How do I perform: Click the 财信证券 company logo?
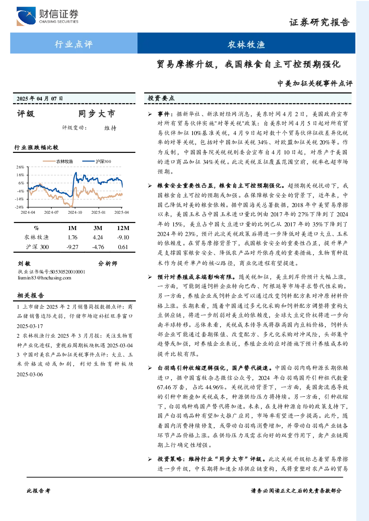point(47,16)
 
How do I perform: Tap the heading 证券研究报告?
point(319,23)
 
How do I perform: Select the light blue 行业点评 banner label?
point(74,44)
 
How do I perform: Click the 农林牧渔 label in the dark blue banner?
point(246,44)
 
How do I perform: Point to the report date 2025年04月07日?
point(40,99)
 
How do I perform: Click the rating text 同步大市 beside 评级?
point(97,114)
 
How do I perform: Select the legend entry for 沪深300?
point(97,161)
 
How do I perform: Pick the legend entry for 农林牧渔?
point(58,161)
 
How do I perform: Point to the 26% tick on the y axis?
point(20,167)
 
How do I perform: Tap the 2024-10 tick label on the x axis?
point(75,212)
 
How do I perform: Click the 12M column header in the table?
point(123,228)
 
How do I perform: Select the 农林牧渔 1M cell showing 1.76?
point(72,237)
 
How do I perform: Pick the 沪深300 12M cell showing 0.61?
point(123,247)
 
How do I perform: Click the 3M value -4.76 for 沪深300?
point(98,247)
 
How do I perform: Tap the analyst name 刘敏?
point(24,263)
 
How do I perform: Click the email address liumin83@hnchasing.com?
point(45,278)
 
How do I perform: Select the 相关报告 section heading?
point(30,295)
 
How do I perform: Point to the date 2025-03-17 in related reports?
point(30,326)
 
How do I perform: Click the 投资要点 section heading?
point(161,98)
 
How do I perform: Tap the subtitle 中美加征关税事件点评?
point(315,83)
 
